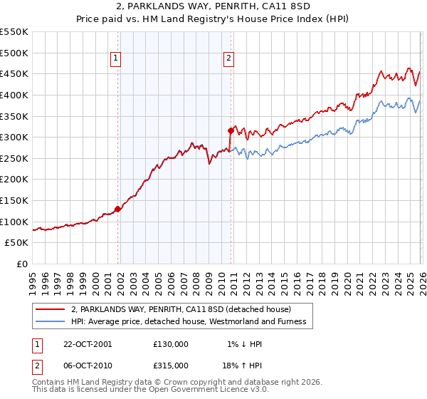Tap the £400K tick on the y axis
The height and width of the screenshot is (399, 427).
click(x=14, y=95)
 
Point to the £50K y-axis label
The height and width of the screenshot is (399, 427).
click(x=17, y=243)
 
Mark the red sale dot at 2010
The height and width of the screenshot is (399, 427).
click(x=231, y=130)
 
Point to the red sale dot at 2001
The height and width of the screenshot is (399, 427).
click(x=118, y=209)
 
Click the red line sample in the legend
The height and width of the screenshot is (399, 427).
click(x=50, y=309)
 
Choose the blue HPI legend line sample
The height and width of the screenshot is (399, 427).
click(x=50, y=321)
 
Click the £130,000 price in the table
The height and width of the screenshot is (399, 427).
click(x=171, y=344)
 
